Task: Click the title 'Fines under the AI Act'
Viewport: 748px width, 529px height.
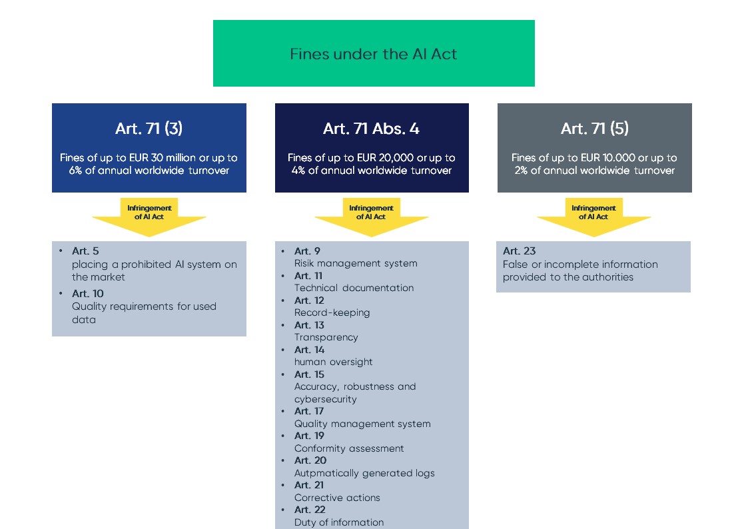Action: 373,54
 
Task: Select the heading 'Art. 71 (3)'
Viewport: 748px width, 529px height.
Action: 149,129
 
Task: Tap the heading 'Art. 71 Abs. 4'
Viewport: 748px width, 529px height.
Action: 371,129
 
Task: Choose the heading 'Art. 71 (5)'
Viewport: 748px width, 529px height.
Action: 594,129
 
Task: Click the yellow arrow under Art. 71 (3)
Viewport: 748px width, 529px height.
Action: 149,217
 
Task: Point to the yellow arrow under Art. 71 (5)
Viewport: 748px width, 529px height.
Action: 593,217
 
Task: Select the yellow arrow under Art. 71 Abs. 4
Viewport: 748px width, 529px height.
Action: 371,217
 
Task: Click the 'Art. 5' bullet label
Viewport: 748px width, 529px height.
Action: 85,251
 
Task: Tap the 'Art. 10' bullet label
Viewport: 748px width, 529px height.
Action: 88,294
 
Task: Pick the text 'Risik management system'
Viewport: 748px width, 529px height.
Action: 356,263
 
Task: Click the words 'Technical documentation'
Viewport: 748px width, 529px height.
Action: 354,288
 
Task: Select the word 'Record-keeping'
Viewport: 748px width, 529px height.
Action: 332,312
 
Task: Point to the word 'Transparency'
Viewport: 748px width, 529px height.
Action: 326,337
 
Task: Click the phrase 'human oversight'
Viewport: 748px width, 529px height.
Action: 333,362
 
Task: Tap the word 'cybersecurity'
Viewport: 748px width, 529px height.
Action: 326,399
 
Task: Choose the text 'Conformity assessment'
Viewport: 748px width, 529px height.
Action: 349,448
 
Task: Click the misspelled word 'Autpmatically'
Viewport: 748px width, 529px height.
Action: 327,473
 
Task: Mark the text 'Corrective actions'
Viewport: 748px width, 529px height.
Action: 337,498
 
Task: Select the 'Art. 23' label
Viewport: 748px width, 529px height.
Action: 520,251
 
